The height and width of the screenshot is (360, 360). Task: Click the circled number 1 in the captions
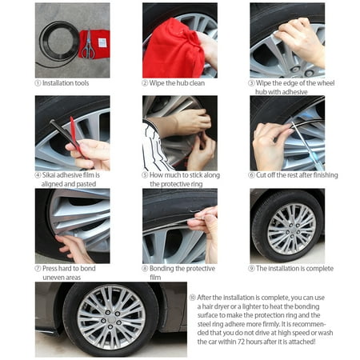coord(38,83)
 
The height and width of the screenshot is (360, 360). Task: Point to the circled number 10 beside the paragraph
coord(192,297)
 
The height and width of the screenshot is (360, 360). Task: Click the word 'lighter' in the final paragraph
coord(262,306)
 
